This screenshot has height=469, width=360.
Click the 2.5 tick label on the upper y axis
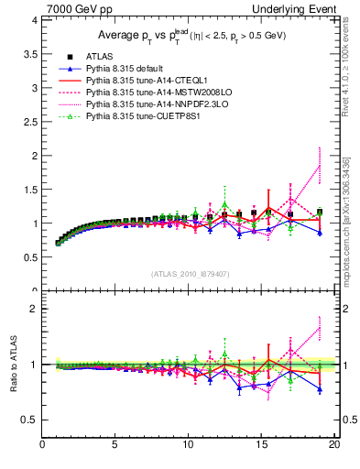point(29,122)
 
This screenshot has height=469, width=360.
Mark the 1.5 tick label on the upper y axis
point(29,190)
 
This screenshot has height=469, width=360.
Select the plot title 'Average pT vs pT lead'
point(188,36)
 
